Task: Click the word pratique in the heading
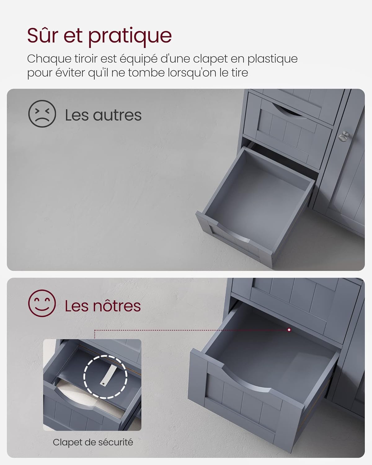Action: (130, 37)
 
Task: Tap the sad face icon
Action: (42, 114)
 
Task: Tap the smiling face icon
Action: (42, 303)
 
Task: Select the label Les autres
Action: (103, 115)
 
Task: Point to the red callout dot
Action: (289, 330)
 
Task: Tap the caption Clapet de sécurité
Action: (93, 442)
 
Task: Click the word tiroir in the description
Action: (86, 59)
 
